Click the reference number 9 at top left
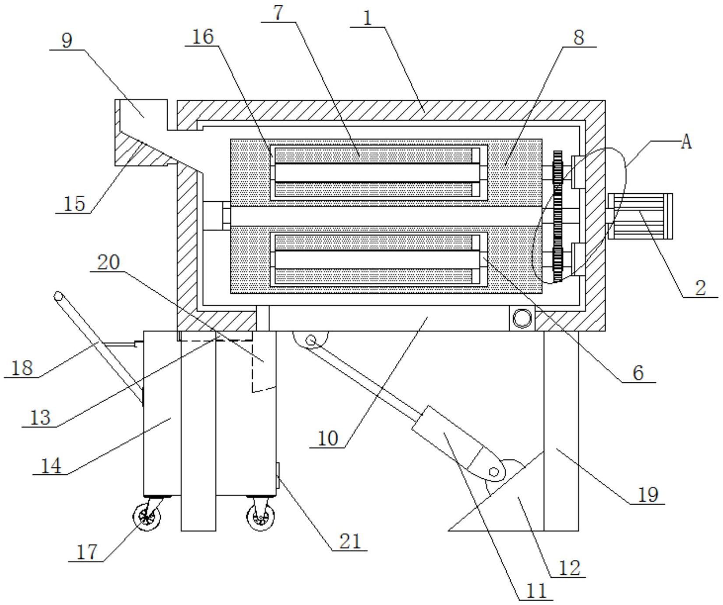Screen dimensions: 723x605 (67, 40)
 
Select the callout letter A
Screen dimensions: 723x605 (686, 142)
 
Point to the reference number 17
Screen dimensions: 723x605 (87, 552)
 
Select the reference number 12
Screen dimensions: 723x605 (569, 568)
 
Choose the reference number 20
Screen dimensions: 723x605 (108, 262)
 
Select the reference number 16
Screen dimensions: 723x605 (203, 37)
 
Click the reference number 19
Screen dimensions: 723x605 (648, 495)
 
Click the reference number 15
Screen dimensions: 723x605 (74, 204)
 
